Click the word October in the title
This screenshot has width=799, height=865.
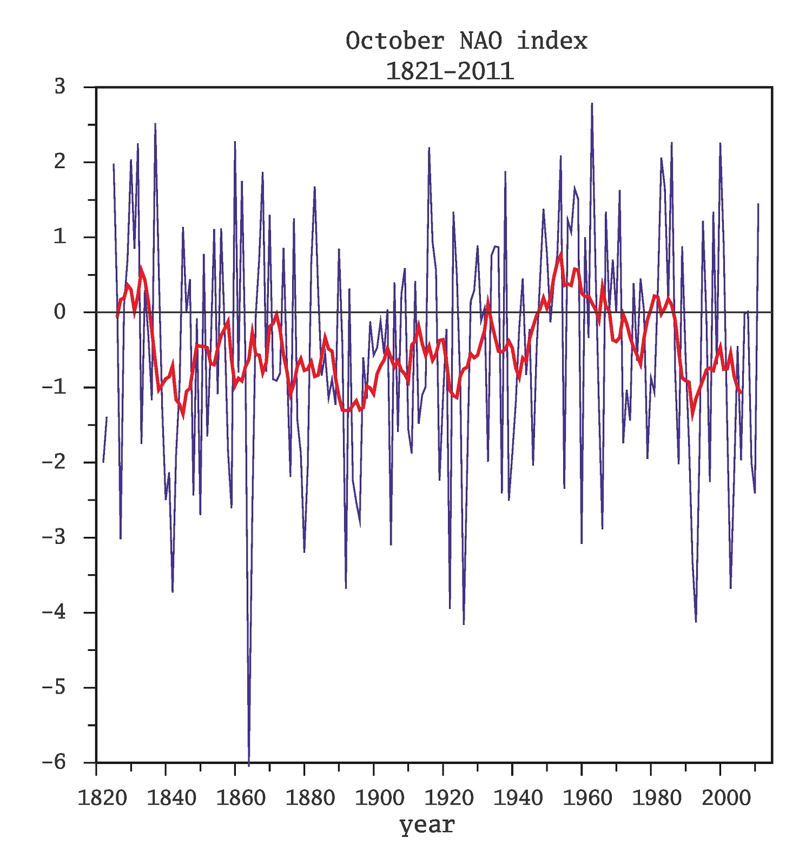[x=394, y=41]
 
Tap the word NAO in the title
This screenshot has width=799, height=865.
[x=481, y=41]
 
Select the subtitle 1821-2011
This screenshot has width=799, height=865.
[x=449, y=71]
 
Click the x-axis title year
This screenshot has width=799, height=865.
[x=427, y=826]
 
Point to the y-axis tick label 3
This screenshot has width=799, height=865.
[x=60, y=86]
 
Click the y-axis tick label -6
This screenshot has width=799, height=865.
[x=54, y=762]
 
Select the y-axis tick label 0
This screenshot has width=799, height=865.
[x=60, y=312]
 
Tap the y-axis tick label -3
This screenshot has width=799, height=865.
[x=54, y=537]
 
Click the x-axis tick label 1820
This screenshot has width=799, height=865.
[x=102, y=798]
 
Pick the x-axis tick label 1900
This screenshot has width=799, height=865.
[x=379, y=798]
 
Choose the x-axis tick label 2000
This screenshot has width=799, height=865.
[x=726, y=798]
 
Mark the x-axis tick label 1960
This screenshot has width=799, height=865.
[x=587, y=798]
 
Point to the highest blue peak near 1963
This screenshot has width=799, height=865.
[x=592, y=104]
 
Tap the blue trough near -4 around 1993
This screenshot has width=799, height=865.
[x=696, y=621]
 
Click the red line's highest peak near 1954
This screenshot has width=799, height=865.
[x=561, y=254]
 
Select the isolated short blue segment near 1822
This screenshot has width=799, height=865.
[x=105, y=439]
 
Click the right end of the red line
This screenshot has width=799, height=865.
[x=741, y=392]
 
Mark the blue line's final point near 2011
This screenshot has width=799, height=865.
[x=758, y=204]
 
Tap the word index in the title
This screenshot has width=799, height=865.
[x=552, y=41]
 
